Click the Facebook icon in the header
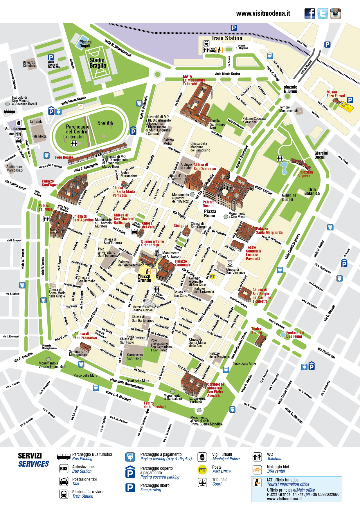pos(310,14)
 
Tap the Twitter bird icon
pos(323,14)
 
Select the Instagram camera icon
pos(335,14)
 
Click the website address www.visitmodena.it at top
pos(263,13)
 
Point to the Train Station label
pos(227,38)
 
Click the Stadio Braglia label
pos(98,63)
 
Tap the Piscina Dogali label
pos(85,44)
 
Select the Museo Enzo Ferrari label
pos(336,94)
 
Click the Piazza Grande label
pos(144,278)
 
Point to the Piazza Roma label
pos(210,214)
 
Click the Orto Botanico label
pos(312,192)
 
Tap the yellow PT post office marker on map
pos(213,277)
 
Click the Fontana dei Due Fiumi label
pos(295,335)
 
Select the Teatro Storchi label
pos(256,331)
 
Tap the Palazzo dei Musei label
pos(46,207)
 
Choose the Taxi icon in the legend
pos(64,482)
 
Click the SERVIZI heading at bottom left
pos(30,456)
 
